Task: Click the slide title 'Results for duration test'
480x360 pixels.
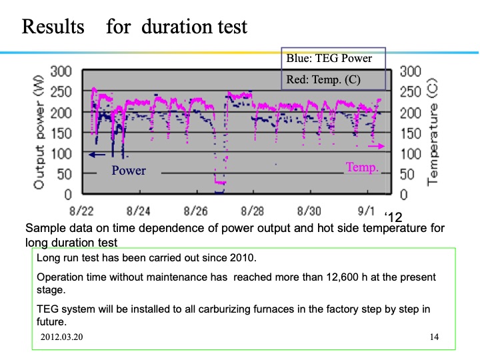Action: (x=135, y=27)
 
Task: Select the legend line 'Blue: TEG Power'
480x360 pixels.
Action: (x=329, y=59)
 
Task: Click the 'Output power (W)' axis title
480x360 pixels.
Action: (x=39, y=130)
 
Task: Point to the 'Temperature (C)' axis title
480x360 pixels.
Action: (x=432, y=133)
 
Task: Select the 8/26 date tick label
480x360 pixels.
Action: (x=197, y=211)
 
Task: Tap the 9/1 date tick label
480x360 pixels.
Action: (x=367, y=211)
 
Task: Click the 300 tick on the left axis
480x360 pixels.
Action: (x=61, y=71)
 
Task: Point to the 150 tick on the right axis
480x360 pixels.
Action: (x=411, y=133)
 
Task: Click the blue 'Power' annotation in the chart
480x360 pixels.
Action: (x=128, y=171)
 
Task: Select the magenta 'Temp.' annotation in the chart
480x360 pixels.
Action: (x=362, y=168)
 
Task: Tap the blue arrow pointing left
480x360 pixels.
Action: (x=97, y=155)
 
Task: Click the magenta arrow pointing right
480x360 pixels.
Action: (x=377, y=145)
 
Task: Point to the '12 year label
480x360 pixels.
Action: (x=393, y=217)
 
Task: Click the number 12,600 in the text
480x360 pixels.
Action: (x=335, y=277)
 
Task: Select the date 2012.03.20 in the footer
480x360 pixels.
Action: (x=66, y=337)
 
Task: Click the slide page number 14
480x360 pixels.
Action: (x=435, y=337)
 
